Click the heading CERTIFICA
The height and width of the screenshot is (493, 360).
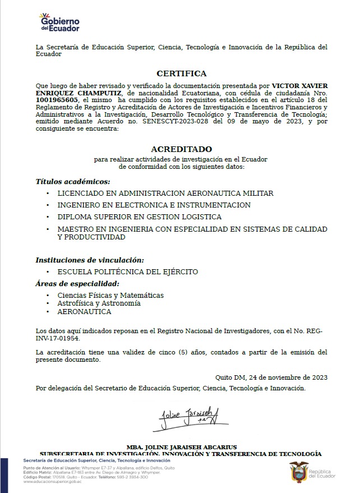(181, 73)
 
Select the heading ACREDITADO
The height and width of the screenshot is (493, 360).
(181, 149)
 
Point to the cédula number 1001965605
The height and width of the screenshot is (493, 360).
(57, 99)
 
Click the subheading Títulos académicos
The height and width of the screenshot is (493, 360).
(73, 182)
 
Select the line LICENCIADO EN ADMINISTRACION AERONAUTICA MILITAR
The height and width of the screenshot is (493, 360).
(165, 193)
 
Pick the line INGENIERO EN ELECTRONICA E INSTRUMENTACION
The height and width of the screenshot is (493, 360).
(154, 205)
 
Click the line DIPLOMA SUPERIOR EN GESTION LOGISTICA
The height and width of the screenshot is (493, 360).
(139, 217)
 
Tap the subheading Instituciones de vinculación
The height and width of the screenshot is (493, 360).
(90, 260)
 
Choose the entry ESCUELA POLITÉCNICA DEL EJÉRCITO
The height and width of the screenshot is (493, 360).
(127, 272)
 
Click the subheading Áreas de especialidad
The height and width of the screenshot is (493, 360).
(77, 284)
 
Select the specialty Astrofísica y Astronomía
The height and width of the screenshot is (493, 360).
(99, 303)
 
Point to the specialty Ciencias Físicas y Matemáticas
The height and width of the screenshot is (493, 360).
(110, 296)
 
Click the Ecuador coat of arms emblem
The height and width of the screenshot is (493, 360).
(297, 472)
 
